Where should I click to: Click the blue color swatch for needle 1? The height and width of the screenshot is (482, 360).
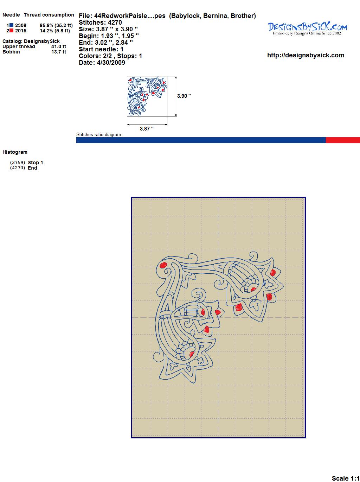[x=11, y=25]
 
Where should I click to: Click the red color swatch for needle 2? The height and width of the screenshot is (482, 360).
[x=11, y=31]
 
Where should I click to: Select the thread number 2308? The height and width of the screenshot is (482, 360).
[x=21, y=25]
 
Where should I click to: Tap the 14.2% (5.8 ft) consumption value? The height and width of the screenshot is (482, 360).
[x=55, y=31]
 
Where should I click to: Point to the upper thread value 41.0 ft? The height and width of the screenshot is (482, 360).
[x=59, y=46]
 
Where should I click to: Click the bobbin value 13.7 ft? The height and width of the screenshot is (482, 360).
[x=59, y=52]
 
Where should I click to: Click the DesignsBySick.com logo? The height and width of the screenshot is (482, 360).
[x=307, y=28]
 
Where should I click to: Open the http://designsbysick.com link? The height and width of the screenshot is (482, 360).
[x=306, y=55]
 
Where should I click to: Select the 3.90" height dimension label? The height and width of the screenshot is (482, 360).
[x=184, y=96]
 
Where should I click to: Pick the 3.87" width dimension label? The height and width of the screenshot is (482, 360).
[x=147, y=129]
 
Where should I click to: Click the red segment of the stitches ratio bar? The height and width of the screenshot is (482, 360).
[x=343, y=140]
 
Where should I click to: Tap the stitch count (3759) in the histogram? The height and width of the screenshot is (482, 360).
[x=18, y=163]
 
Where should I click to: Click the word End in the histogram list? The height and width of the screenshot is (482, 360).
[x=32, y=168]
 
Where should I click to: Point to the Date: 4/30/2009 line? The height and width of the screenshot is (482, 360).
[x=102, y=63]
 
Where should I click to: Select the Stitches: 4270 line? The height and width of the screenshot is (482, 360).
[x=100, y=23]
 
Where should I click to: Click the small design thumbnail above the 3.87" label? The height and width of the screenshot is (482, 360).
[x=147, y=96]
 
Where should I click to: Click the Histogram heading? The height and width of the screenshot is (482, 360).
[x=15, y=152]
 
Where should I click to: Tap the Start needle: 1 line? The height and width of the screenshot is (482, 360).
[x=101, y=49]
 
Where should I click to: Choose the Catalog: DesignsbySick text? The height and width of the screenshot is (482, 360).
[x=31, y=41]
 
